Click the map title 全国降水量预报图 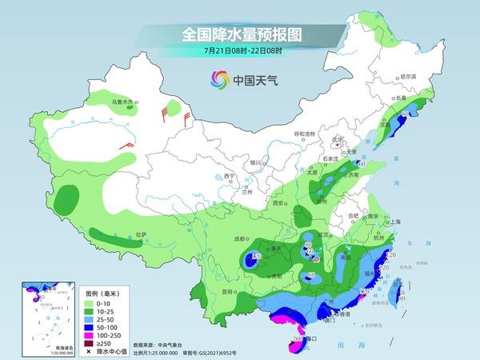point(240,36)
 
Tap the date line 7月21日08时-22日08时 point(240,53)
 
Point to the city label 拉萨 point(142,234)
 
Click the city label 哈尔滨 point(409,76)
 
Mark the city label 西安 point(279,204)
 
